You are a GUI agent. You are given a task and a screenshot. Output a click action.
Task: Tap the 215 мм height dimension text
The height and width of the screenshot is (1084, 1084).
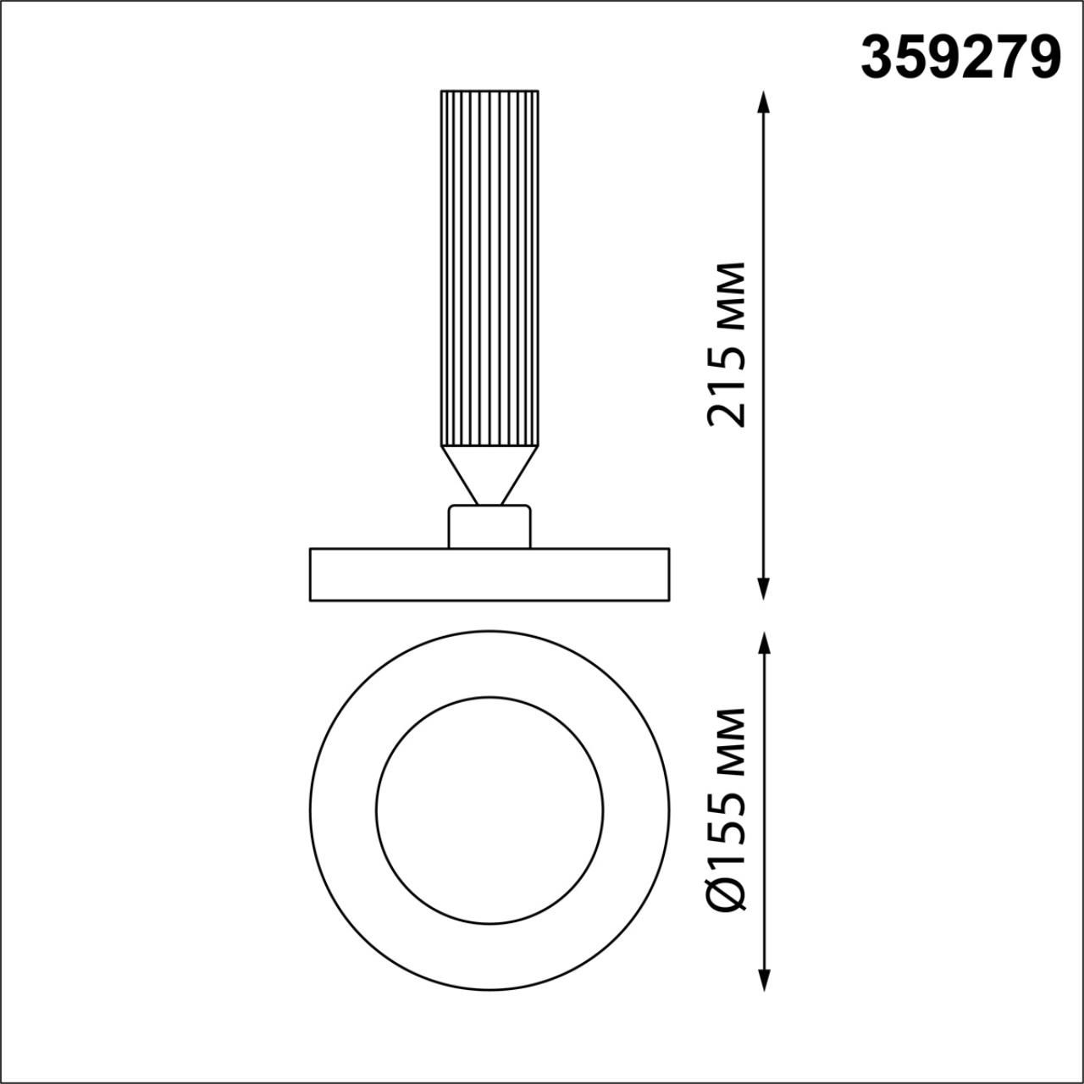click(728, 345)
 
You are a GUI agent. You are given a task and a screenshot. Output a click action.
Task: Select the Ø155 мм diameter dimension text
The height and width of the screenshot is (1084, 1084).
click(728, 810)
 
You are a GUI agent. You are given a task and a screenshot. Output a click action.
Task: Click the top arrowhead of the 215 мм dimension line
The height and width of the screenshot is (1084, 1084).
click(764, 102)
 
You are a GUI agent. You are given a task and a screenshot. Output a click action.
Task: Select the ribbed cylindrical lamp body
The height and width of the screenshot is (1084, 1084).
click(489, 268)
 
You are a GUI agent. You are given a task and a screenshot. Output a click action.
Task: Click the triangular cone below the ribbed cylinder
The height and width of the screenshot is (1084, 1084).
click(489, 470)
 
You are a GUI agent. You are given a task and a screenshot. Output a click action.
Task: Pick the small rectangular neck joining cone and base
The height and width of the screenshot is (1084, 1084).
click(489, 527)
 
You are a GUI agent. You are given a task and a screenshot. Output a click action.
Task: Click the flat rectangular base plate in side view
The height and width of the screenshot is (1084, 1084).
click(489, 575)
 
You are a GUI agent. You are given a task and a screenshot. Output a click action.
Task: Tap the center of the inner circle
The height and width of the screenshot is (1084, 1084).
click(489, 810)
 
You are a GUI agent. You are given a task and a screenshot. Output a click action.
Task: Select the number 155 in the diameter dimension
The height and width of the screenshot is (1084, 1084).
click(728, 830)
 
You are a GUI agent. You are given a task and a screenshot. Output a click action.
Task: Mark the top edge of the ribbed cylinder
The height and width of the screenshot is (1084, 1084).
click(489, 90)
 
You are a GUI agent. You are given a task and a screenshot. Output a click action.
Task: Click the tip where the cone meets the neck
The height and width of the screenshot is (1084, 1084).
click(489, 505)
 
